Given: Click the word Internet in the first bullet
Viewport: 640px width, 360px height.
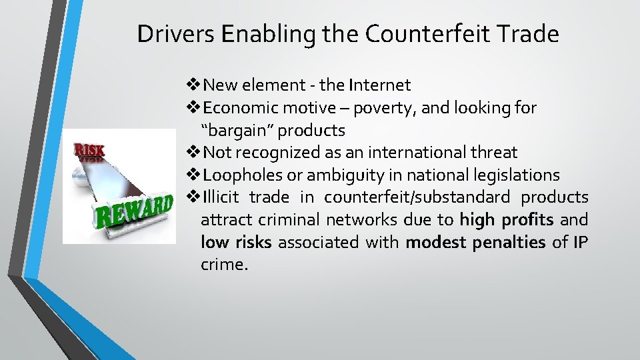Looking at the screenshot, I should coord(379,85).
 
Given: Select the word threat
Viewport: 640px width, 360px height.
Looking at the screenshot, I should coord(494,153).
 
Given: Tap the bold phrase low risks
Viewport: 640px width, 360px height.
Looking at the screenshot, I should coord(236,243).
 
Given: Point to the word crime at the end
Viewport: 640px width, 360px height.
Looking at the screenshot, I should coord(223,265).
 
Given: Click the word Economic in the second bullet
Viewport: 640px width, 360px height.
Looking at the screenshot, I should coord(241,108).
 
